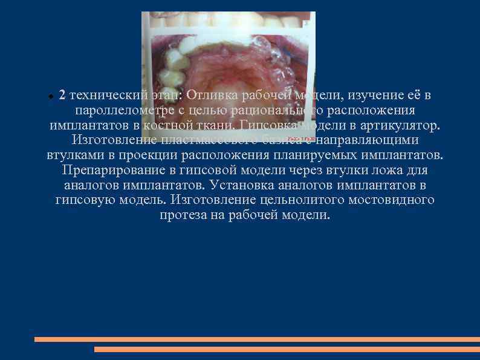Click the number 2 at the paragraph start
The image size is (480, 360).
point(63,96)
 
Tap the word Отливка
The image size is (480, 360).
point(213,96)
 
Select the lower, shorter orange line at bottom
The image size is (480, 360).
point(287,349)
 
